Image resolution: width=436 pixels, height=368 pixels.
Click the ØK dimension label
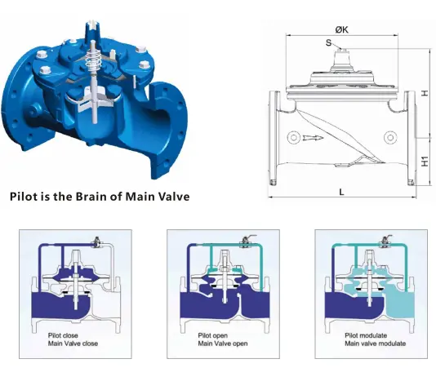pyautogui.click(x=341, y=30)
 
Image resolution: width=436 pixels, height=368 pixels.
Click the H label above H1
pyautogui.click(x=425, y=93)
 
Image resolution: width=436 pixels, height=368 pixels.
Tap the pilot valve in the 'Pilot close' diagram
pyautogui.click(x=96, y=242)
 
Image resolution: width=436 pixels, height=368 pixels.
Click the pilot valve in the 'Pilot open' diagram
pyautogui.click(x=243, y=242)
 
